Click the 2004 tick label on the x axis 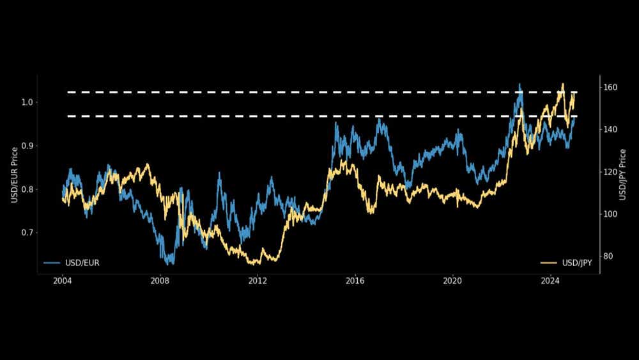coord(62,281)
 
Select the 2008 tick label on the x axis coord(160,281)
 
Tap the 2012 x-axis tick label coord(258,281)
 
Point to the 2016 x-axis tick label coord(355,281)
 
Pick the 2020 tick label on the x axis coord(452,281)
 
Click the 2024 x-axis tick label coord(550,281)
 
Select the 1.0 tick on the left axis coord(26,102)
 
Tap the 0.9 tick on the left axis coord(26,146)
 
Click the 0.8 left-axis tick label coord(26,189)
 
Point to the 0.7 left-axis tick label coord(26,233)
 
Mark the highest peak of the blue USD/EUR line coord(520,84)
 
